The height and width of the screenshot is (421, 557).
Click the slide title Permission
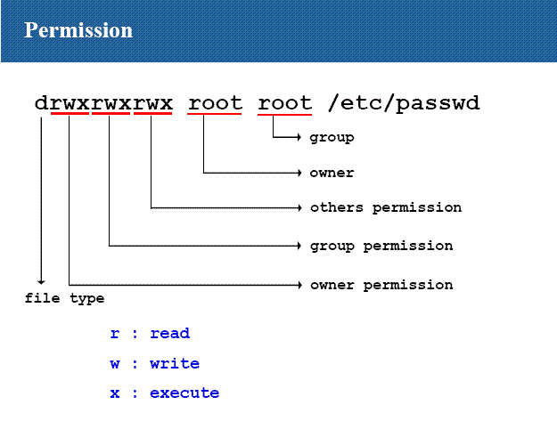click(x=78, y=30)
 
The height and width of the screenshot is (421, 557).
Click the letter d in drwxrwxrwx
click(x=41, y=103)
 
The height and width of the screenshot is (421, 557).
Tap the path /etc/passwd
click(x=404, y=103)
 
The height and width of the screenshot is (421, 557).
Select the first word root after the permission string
click(x=215, y=103)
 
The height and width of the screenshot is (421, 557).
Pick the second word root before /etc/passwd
click(x=285, y=103)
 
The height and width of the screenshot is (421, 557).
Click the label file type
click(x=64, y=298)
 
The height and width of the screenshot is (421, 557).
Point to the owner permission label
click(x=381, y=285)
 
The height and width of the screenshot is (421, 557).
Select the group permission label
click(x=381, y=247)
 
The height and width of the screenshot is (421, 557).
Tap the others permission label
click(x=386, y=208)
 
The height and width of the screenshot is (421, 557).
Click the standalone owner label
click(x=332, y=173)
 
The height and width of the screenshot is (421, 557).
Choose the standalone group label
click(x=332, y=138)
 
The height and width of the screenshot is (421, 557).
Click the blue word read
click(x=170, y=334)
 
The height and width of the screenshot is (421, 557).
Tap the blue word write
click(x=175, y=363)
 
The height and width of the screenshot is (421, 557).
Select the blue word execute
click(x=184, y=393)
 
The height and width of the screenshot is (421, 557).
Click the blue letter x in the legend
click(x=115, y=393)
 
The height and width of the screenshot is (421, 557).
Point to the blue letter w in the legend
click(x=115, y=364)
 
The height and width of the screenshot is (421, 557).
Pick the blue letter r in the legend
click(x=115, y=334)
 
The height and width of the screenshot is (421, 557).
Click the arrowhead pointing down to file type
click(x=41, y=282)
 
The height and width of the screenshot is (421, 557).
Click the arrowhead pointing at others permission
click(x=299, y=208)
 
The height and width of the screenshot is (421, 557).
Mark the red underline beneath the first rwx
click(x=70, y=114)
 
